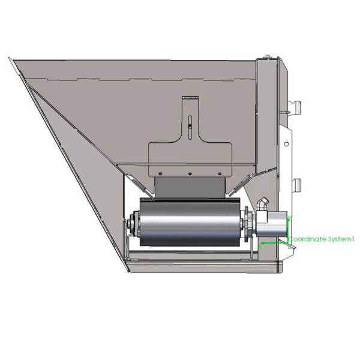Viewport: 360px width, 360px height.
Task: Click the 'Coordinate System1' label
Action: click(322, 239)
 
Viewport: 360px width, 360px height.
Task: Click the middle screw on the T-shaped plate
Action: click(189, 174)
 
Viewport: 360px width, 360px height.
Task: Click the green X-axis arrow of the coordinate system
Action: click(270, 243)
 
